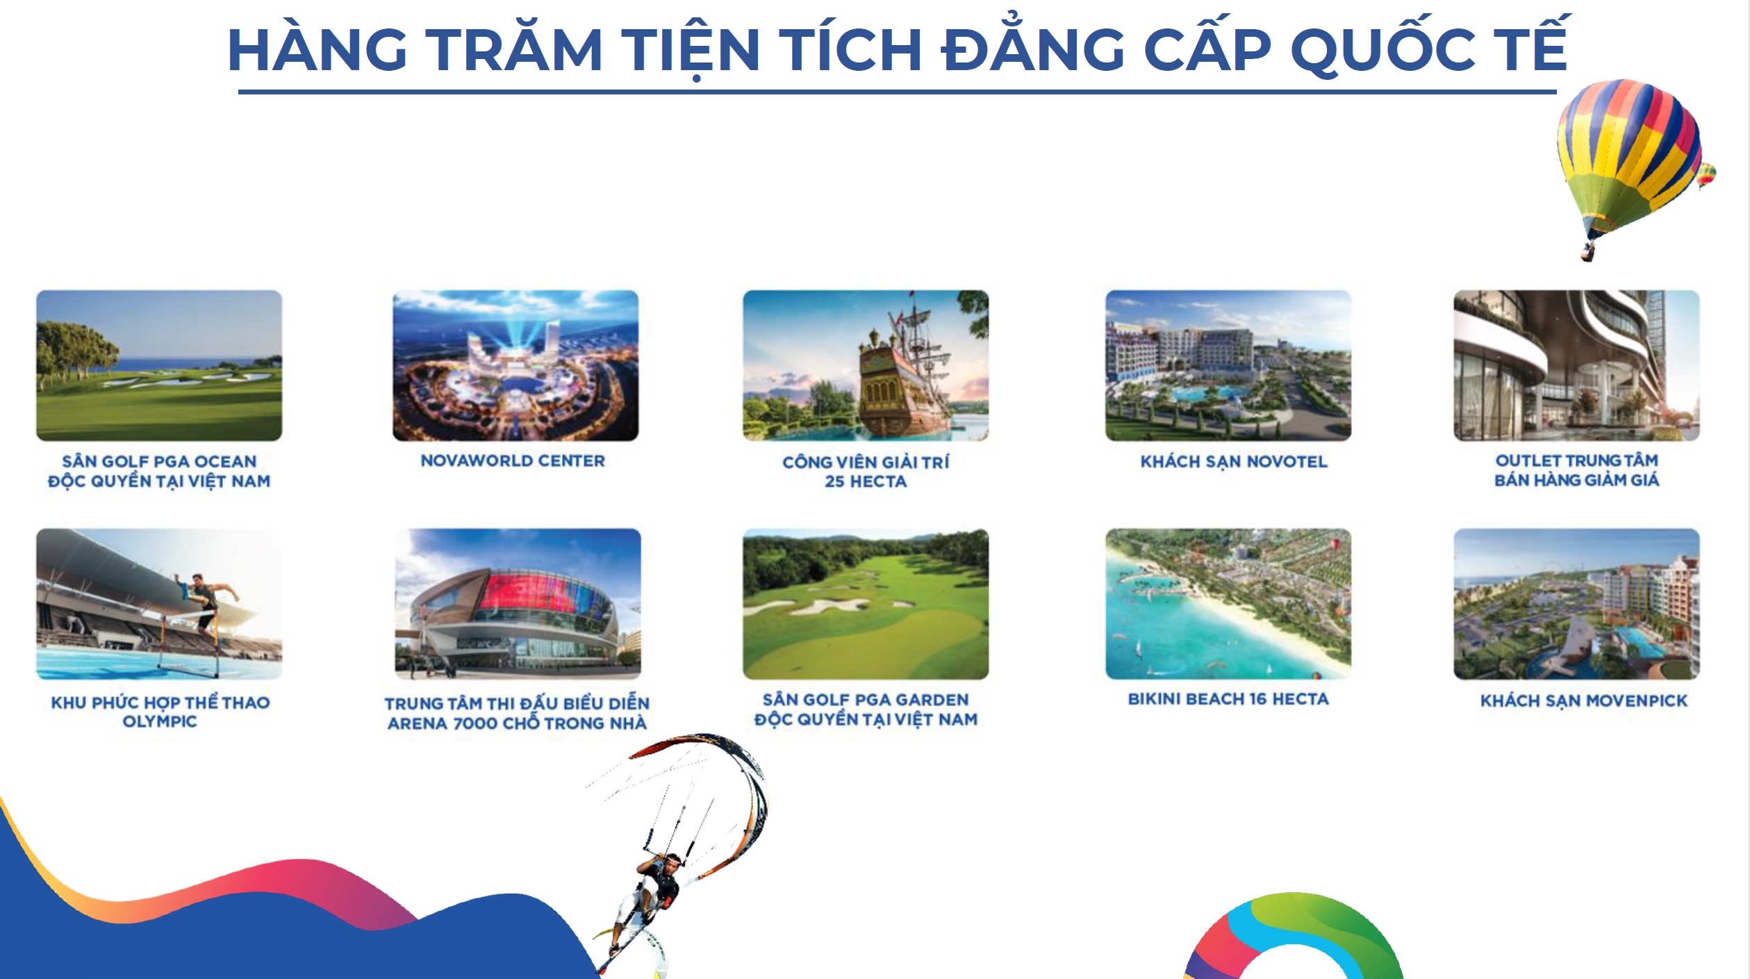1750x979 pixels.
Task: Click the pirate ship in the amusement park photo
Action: (903, 375)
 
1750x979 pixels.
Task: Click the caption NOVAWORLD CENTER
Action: (513, 461)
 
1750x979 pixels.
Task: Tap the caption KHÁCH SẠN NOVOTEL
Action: (1234, 462)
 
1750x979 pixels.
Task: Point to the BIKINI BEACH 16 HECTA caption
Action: (1228, 699)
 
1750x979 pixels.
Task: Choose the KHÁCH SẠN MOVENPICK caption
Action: (1584, 701)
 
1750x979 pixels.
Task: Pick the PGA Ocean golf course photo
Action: (159, 365)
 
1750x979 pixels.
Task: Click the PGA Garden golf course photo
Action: (866, 604)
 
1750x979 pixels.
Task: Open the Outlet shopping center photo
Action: (1577, 365)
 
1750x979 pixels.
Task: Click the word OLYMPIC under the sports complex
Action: (160, 722)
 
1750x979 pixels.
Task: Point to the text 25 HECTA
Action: (866, 482)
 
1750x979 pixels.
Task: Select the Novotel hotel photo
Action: (1228, 365)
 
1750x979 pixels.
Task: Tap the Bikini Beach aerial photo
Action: (1228, 604)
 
